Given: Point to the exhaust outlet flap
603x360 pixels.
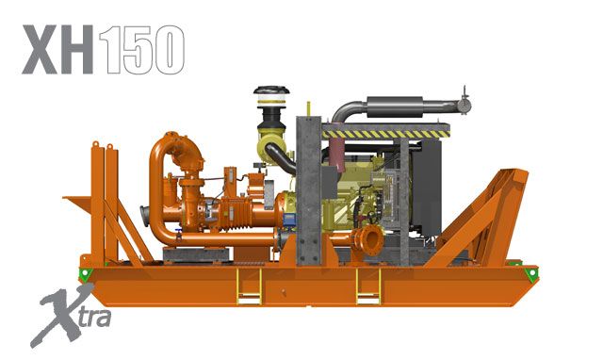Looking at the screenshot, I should (463, 99).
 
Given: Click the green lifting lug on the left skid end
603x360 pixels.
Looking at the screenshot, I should (86, 273).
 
